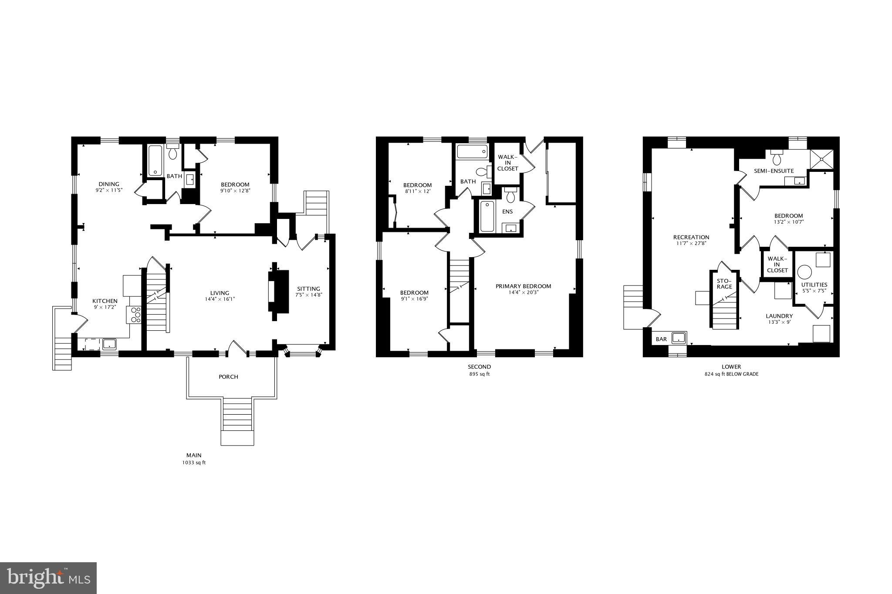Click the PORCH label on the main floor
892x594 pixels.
(228, 377)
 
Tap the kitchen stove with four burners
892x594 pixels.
(134, 315)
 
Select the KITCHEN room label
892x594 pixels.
(105, 301)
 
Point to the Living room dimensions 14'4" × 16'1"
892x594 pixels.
(220, 299)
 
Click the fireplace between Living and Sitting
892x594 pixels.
(278, 291)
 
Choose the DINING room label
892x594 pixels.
(108, 184)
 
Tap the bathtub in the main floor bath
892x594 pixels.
(155, 161)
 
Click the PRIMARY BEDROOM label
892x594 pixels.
(523, 286)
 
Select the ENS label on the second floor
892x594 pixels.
(507, 212)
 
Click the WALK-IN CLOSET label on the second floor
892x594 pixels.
(507, 163)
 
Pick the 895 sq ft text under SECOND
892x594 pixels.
(479, 374)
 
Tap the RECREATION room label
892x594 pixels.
(691, 237)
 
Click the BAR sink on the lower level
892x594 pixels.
(679, 338)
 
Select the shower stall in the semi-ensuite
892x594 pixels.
(821, 159)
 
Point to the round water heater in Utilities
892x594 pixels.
(804, 272)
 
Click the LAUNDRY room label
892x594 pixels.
(779, 316)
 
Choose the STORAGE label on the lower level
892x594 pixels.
(724, 284)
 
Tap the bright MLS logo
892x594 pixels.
(48, 578)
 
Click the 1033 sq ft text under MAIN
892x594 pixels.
(194, 463)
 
